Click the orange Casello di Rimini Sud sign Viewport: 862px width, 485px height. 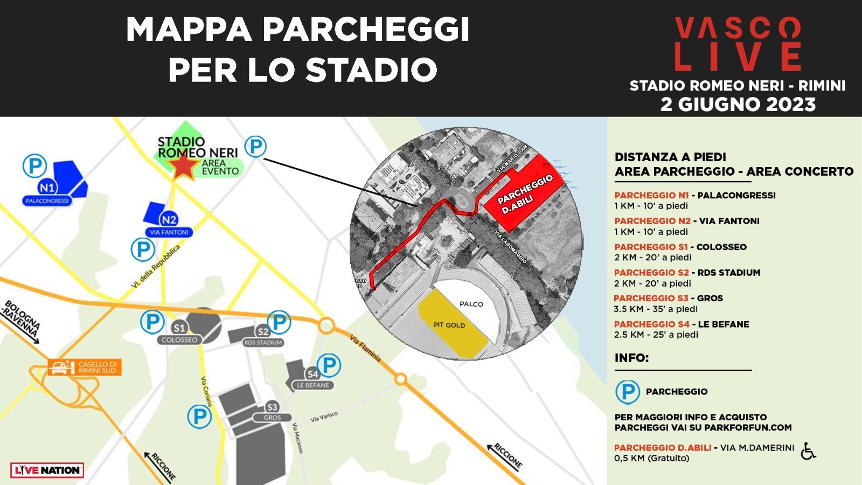85,368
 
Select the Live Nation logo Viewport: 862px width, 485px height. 47,470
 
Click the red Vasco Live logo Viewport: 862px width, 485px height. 738,44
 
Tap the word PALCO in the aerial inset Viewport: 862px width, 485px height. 471,304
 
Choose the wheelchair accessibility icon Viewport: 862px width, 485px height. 808,451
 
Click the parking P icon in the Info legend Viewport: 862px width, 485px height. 628,392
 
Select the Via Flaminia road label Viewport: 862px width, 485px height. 365,348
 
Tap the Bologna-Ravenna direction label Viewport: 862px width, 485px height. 22,319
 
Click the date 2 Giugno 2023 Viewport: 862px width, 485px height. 738,105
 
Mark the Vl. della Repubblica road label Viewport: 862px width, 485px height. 156,266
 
